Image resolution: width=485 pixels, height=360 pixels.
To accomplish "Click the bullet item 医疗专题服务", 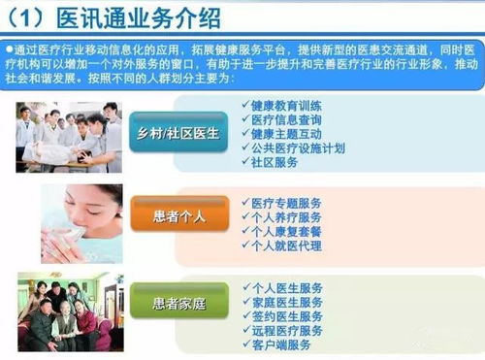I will [x=287, y=203].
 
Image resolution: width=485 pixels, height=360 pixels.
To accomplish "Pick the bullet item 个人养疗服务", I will [x=287, y=217].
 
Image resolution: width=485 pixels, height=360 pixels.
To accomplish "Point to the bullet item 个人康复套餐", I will [x=287, y=232].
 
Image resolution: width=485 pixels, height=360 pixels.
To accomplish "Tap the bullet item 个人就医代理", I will [x=287, y=246].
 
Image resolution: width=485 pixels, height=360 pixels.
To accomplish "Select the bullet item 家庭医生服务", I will [x=287, y=302].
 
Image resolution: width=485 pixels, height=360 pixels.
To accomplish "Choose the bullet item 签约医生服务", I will [x=287, y=316].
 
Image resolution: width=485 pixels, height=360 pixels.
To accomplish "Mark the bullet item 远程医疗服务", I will [x=287, y=330].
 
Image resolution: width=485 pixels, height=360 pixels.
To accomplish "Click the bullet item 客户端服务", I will [x=281, y=344].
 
